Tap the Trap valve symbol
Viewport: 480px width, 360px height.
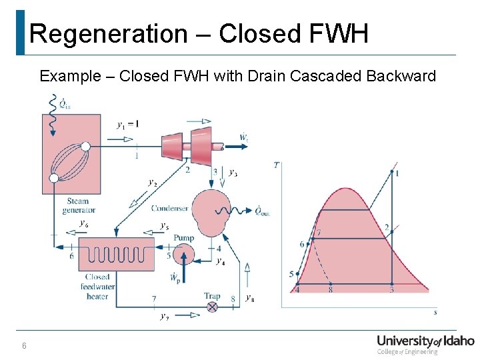[212, 307]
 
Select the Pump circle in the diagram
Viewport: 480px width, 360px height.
[183, 254]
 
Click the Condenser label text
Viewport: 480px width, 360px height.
[169, 209]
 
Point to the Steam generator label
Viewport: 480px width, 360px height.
[78, 205]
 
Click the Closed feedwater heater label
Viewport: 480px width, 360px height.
[97, 287]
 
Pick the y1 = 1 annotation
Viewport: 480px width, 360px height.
[128, 124]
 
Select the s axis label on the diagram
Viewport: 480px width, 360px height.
[435, 311]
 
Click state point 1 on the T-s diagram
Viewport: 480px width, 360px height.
[391, 171]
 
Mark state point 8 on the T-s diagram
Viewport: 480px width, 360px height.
[331, 285]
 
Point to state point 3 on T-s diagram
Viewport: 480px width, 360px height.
[391, 285]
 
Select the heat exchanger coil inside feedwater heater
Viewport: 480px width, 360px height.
[107, 254]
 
